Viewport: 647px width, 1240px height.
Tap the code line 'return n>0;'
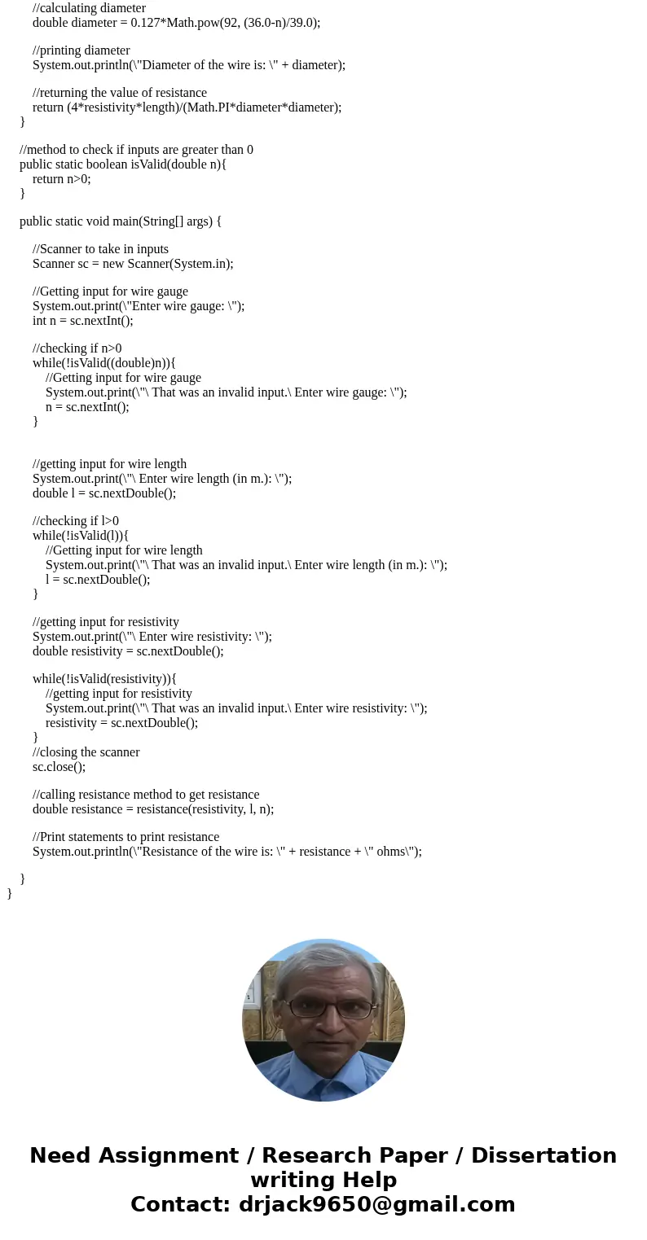tap(61, 179)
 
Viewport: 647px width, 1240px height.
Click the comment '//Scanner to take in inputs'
tap(100, 249)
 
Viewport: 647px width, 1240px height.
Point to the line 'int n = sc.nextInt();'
tap(82, 321)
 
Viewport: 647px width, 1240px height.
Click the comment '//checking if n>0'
tap(77, 348)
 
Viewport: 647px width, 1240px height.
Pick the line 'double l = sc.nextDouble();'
tap(103, 493)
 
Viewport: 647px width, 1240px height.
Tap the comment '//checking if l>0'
tap(75, 521)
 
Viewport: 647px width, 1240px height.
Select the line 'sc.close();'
tap(59, 767)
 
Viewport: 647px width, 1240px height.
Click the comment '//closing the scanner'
tap(86, 752)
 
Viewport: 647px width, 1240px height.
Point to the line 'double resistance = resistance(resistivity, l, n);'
tap(153, 809)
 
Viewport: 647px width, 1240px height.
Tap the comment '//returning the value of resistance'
tap(119, 93)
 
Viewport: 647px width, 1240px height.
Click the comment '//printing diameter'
tap(81, 50)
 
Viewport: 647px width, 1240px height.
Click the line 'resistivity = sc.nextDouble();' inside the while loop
tap(121, 723)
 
